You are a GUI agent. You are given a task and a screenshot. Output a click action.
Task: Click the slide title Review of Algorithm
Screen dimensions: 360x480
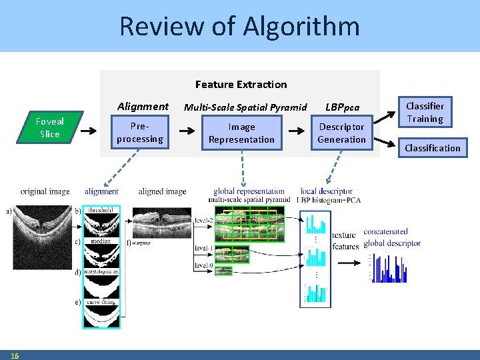[x=239, y=27]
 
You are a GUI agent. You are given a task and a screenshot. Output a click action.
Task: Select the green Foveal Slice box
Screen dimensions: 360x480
[x=49, y=127]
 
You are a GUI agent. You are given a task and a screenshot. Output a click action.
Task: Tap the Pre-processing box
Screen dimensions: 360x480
[x=139, y=133]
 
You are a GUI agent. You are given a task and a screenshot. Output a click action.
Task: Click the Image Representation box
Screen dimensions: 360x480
[x=241, y=133]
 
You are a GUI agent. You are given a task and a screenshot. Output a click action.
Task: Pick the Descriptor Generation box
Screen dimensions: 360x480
[x=341, y=133]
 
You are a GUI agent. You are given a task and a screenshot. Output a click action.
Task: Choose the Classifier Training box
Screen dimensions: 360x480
[x=425, y=112]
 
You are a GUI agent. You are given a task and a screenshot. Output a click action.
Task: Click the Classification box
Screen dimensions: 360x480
[x=433, y=148]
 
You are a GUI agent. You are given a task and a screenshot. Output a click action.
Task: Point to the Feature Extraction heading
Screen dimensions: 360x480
[x=241, y=85]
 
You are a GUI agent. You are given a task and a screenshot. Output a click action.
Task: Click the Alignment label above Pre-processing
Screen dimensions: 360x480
[x=143, y=106]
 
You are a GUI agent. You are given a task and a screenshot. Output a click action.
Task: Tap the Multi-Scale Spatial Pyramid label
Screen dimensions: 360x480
[x=245, y=107]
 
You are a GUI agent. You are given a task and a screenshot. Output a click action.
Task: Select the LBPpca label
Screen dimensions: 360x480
[x=343, y=107]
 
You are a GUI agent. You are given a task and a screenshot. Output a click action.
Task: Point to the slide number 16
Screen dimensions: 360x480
[x=15, y=355]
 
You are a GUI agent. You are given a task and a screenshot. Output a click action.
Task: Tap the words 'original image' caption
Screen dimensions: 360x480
[x=45, y=192]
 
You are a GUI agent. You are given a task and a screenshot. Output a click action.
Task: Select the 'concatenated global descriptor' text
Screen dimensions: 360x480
[x=392, y=237]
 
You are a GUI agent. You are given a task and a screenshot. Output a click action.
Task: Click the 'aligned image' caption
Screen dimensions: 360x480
[x=162, y=192]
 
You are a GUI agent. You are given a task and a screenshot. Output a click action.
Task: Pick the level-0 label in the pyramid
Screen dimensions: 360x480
[x=203, y=265]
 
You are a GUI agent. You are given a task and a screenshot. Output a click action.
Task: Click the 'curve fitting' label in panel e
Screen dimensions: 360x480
[x=101, y=301]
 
